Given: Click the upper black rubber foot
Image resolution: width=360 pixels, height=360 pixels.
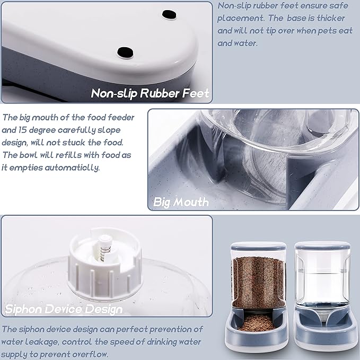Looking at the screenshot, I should tap(169, 14).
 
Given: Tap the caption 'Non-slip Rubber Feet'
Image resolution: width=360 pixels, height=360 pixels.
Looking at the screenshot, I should tap(150, 94).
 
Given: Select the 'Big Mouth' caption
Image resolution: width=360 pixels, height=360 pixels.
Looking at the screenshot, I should tap(181, 202).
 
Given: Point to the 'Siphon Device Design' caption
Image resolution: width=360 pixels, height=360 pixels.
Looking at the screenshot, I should tap(64, 309).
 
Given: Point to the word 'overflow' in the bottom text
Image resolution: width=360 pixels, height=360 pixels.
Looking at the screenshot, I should tap(87, 354).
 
